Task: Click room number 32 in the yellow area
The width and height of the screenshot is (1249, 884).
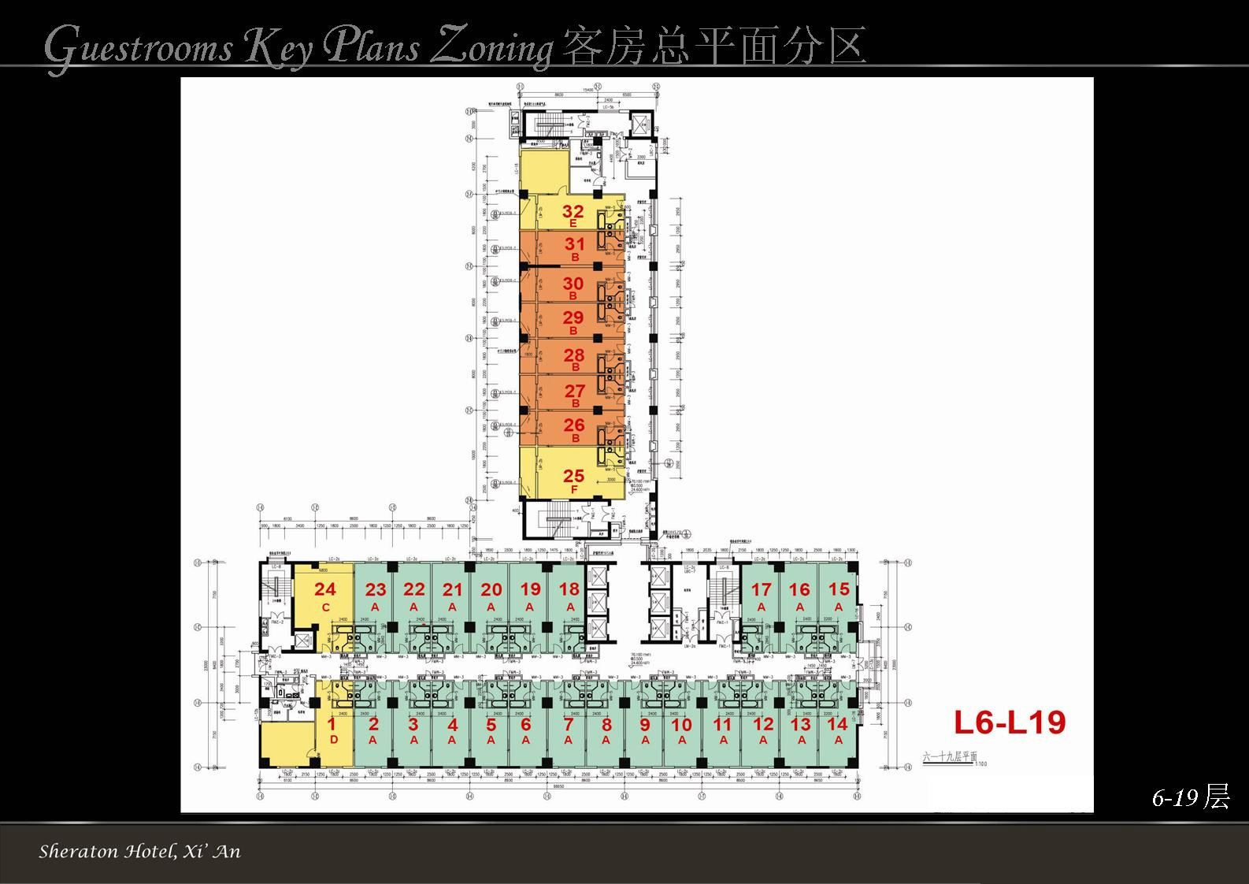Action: [x=573, y=211]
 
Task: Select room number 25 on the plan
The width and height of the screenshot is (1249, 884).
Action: [x=574, y=476]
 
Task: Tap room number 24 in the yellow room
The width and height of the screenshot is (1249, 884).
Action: [x=325, y=589]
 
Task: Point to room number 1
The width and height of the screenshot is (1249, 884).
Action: [x=332, y=724]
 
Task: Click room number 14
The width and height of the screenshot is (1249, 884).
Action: [x=839, y=724]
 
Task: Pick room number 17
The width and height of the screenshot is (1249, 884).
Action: [x=762, y=589]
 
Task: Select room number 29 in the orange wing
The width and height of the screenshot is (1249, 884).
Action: [x=574, y=318]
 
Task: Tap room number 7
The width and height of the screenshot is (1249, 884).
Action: [x=569, y=724]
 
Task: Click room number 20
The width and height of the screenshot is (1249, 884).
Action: [x=491, y=589]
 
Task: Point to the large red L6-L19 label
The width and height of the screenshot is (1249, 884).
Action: [x=1010, y=722]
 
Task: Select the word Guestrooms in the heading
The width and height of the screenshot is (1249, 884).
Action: [x=139, y=47]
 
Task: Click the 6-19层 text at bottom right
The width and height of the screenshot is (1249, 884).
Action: [x=1190, y=797]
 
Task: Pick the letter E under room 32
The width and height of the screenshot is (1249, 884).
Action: [x=573, y=225]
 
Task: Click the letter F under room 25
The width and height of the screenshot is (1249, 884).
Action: [x=574, y=489]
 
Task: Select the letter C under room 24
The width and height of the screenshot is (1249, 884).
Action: [x=325, y=607]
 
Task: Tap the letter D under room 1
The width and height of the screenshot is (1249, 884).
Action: [x=333, y=740]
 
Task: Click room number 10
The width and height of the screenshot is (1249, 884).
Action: [x=682, y=724]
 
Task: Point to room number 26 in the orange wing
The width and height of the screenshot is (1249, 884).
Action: [x=574, y=425]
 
